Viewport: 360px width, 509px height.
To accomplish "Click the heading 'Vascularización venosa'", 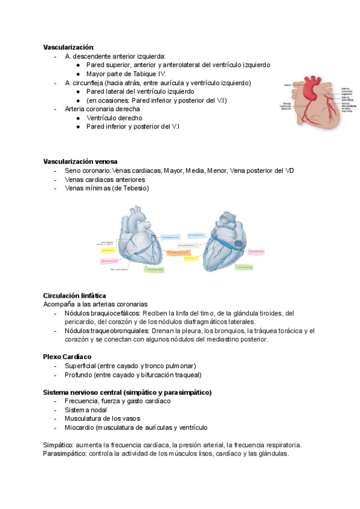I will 80,161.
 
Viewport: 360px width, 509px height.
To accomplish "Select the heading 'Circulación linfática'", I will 74,295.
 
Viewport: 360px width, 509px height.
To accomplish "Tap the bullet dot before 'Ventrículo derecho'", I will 79,118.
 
